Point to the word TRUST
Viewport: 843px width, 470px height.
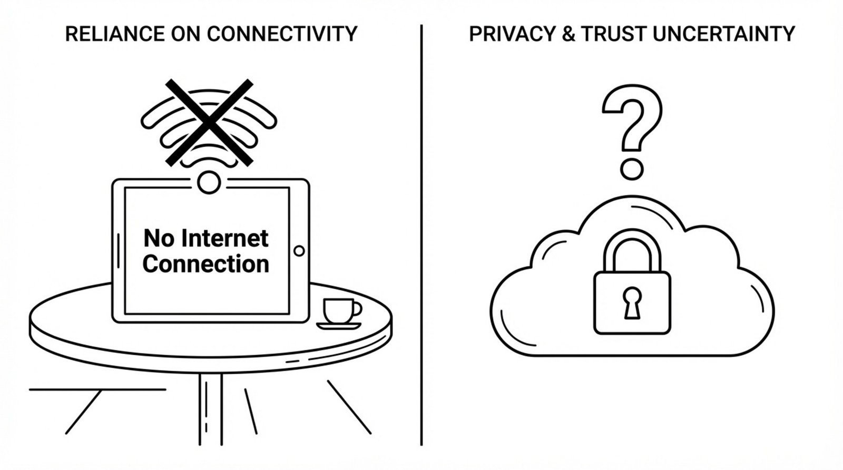pyautogui.click(x=613, y=34)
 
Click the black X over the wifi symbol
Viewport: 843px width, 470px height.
pyautogui.click(x=209, y=121)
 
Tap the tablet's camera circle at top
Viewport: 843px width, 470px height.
pyautogui.click(x=209, y=182)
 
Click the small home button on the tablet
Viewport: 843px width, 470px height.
pyautogui.click(x=299, y=251)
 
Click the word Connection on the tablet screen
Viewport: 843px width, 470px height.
pyautogui.click(x=205, y=264)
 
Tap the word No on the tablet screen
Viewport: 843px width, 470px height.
pyautogui.click(x=159, y=239)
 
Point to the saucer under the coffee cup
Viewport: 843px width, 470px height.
pyautogui.click(x=339, y=326)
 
